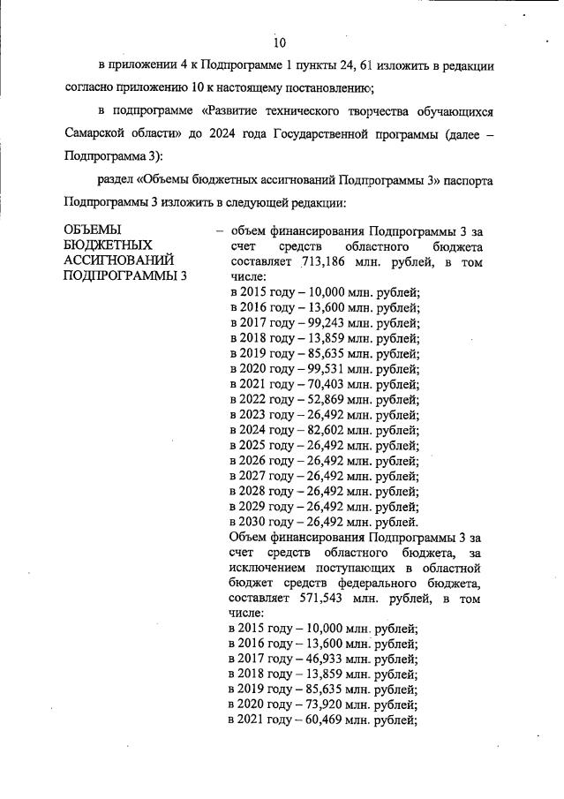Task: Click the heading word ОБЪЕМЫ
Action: (98, 230)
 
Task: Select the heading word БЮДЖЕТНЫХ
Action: (109, 245)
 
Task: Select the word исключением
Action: (268, 567)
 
